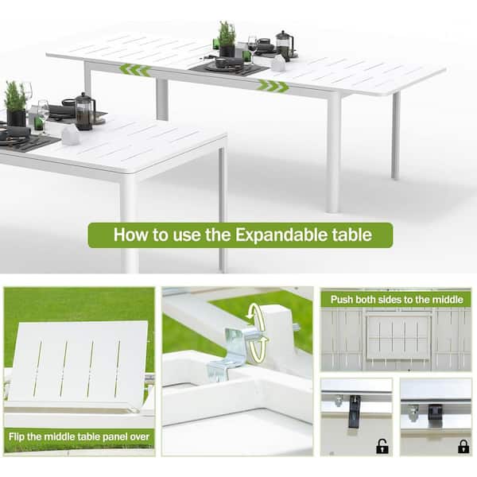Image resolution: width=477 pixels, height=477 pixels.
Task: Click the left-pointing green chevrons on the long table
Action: point(134,69)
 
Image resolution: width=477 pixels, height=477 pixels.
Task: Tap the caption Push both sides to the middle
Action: point(395,299)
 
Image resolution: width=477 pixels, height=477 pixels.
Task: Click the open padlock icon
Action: point(382,446)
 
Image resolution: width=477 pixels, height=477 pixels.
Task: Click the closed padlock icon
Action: point(463,446)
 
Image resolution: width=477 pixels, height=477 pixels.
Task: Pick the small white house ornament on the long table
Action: point(278,64)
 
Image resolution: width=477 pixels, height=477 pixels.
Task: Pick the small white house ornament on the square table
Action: point(71,134)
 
